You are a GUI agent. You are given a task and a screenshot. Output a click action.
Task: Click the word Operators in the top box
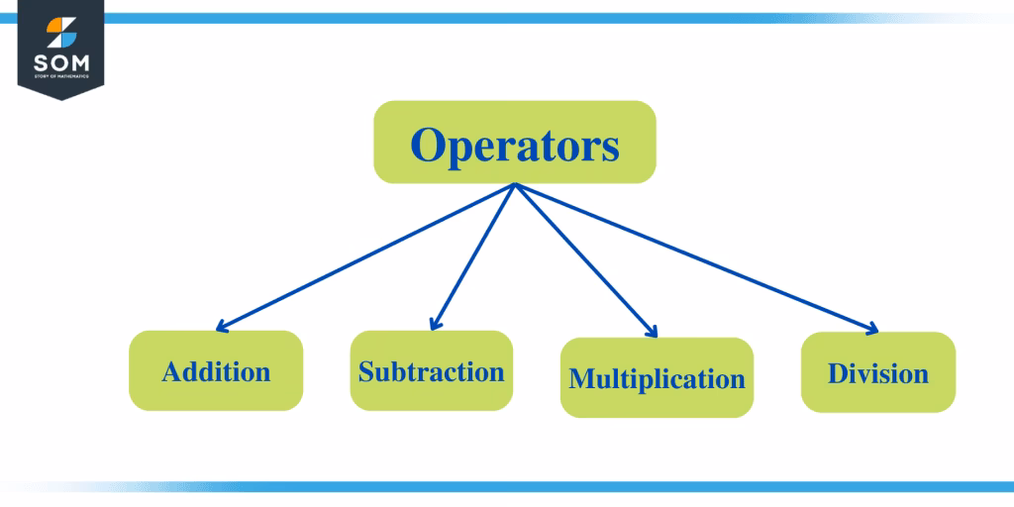[515, 146]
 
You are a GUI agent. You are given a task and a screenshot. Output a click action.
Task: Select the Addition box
[216, 371]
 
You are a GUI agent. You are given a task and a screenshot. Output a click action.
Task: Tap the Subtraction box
[432, 371]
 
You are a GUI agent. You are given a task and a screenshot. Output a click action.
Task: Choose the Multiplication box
[657, 377]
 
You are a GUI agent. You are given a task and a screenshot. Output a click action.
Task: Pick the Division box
[878, 372]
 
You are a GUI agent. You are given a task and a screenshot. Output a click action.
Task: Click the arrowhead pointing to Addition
[220, 328]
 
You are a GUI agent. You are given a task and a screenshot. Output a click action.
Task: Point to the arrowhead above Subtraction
[433, 326]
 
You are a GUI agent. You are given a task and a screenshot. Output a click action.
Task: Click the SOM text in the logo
[60, 61]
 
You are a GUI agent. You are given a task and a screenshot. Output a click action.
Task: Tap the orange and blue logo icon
[60, 29]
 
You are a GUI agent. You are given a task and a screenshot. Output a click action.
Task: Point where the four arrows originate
[515, 185]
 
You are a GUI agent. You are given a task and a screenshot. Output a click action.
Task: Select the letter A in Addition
[172, 372]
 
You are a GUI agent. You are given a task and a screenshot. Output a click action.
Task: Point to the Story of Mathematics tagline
[60, 76]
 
